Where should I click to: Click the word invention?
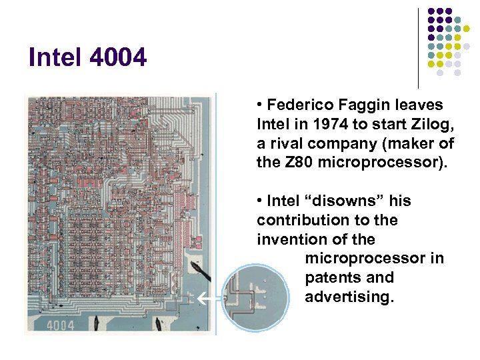[290, 239]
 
